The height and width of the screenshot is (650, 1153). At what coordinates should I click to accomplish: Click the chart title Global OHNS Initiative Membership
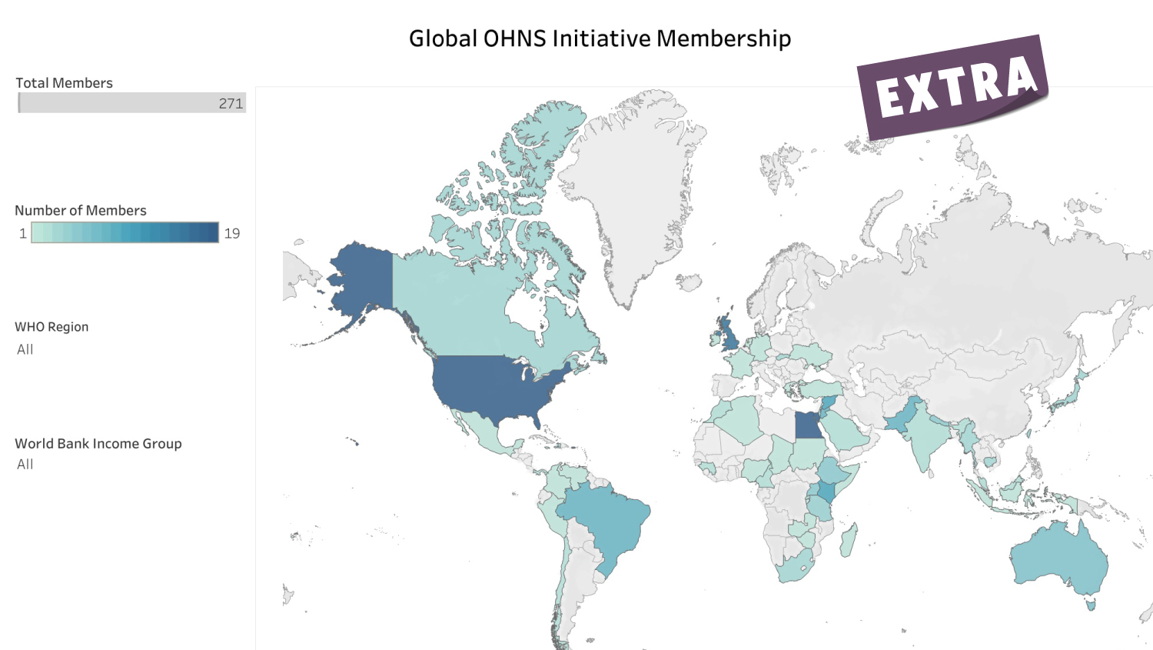point(600,38)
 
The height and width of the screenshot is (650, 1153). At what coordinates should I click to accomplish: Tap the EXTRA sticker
point(953,86)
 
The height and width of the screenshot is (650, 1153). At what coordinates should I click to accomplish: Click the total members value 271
point(231,103)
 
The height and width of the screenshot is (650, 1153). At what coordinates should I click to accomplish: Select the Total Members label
point(64,83)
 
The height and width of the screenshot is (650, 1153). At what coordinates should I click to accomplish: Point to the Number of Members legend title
point(80,211)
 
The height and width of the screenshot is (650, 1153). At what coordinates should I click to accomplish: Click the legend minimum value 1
point(23,233)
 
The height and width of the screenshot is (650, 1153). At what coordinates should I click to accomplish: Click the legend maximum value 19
point(232,233)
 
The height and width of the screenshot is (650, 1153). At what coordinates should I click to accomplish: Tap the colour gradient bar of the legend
point(125,232)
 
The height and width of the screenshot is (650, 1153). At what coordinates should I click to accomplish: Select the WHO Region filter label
point(52,327)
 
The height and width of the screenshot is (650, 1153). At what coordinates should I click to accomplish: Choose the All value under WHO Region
point(25,349)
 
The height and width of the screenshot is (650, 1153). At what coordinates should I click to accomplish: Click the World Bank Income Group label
point(98,444)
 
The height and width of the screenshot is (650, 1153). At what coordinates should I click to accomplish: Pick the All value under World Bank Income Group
point(25,465)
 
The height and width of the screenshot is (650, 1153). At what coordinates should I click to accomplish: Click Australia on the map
point(1057,562)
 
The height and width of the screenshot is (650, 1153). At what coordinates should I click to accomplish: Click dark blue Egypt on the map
point(808,425)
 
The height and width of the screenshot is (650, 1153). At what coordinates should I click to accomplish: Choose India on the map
point(926,438)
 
